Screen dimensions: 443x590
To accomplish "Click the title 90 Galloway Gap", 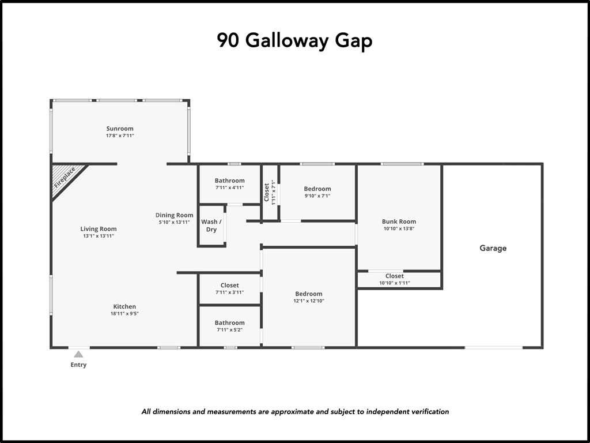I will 294,41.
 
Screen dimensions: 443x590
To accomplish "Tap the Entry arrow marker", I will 78,354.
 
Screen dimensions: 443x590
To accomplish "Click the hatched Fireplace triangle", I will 64,177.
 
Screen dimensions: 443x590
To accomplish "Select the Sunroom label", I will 120,129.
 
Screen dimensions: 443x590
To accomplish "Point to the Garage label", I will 493,248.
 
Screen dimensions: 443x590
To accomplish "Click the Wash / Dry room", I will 211,226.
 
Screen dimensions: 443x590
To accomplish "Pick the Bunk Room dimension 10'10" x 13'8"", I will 399,228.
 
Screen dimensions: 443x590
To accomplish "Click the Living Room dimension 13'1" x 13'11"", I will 99,236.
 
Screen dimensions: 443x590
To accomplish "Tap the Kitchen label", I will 124,306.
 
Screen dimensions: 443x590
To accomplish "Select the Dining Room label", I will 174,215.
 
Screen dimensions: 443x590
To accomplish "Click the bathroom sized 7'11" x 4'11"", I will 229,184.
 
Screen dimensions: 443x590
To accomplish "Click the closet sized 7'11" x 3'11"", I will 229,288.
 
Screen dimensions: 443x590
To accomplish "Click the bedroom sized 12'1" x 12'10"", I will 309,297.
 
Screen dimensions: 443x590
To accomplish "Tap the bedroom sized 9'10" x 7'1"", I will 317,192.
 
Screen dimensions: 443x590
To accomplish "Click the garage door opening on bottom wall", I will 494,347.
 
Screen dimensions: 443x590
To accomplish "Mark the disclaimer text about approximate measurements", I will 295,412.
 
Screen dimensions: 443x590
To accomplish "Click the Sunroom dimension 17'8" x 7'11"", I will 120,136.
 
